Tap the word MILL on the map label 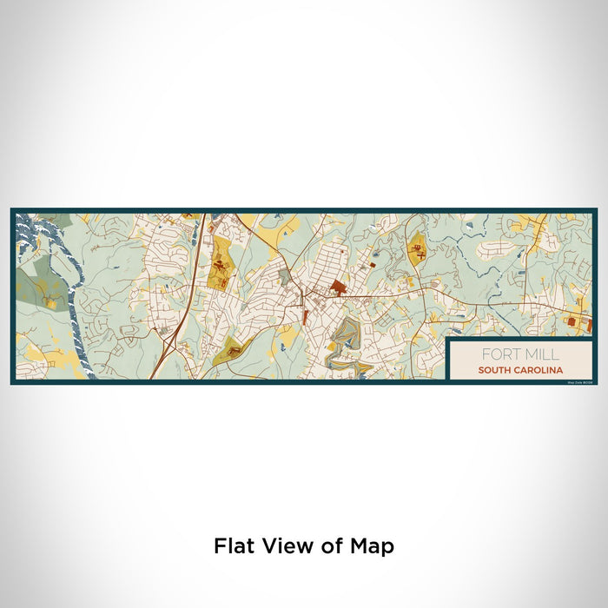point(541,354)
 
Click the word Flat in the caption point(235,546)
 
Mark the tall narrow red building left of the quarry point(305,329)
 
